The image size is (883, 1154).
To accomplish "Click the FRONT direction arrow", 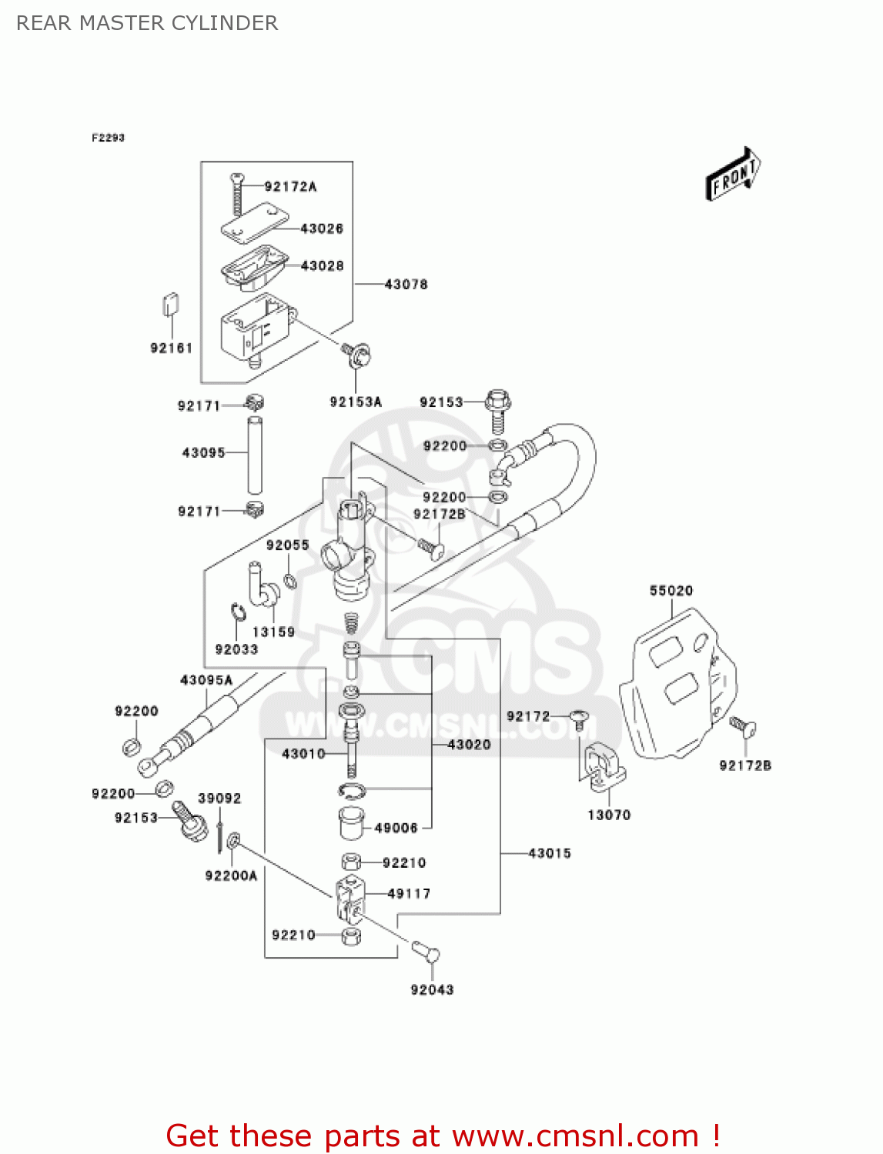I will [733, 175].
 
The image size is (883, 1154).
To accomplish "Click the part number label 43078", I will [406, 285].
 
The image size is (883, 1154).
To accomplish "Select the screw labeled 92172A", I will [236, 195].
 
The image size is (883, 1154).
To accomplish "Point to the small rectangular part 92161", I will [171, 304].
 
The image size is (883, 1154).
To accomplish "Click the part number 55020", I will [671, 591].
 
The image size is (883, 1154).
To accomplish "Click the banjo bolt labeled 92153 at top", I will [498, 409].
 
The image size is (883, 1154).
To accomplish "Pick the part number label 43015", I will [550, 853].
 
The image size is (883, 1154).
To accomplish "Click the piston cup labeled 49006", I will [352, 824].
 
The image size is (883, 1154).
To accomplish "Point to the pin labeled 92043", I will [426, 952].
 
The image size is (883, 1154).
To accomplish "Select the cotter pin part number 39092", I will [219, 799].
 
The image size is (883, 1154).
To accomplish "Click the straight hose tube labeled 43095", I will [255, 455].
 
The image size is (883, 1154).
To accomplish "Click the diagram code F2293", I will [108, 138].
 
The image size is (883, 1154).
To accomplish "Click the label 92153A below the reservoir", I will [356, 402].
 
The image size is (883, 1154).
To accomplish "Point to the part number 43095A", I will [206, 680].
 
